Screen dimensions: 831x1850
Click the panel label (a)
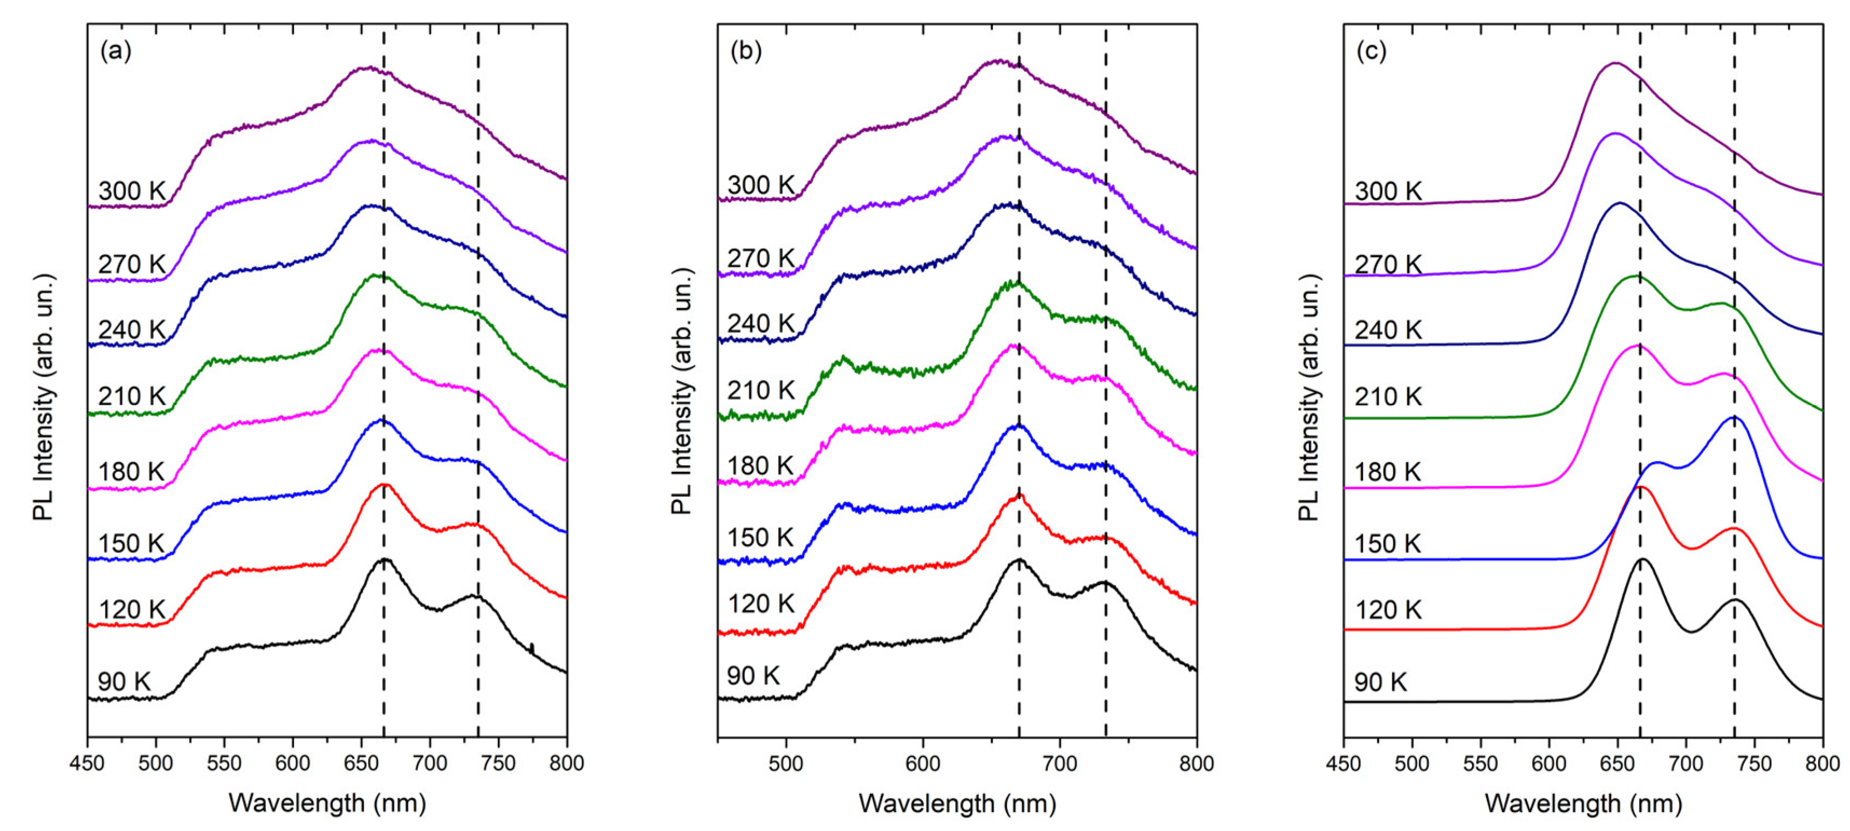tap(115, 51)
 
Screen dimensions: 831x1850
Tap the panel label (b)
tap(745, 51)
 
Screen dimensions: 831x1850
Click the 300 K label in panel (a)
tap(132, 191)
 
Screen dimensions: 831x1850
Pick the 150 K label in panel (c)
tap(1387, 544)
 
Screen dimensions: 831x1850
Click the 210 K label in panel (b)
tap(761, 390)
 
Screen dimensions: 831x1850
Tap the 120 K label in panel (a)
tap(132, 610)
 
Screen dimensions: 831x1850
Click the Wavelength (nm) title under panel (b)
tap(957, 803)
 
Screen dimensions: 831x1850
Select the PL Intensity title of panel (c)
tap(1310, 396)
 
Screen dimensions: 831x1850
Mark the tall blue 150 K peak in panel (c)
tap(1733, 417)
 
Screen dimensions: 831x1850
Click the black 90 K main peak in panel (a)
tap(384, 560)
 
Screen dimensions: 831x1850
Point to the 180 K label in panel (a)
tap(132, 472)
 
